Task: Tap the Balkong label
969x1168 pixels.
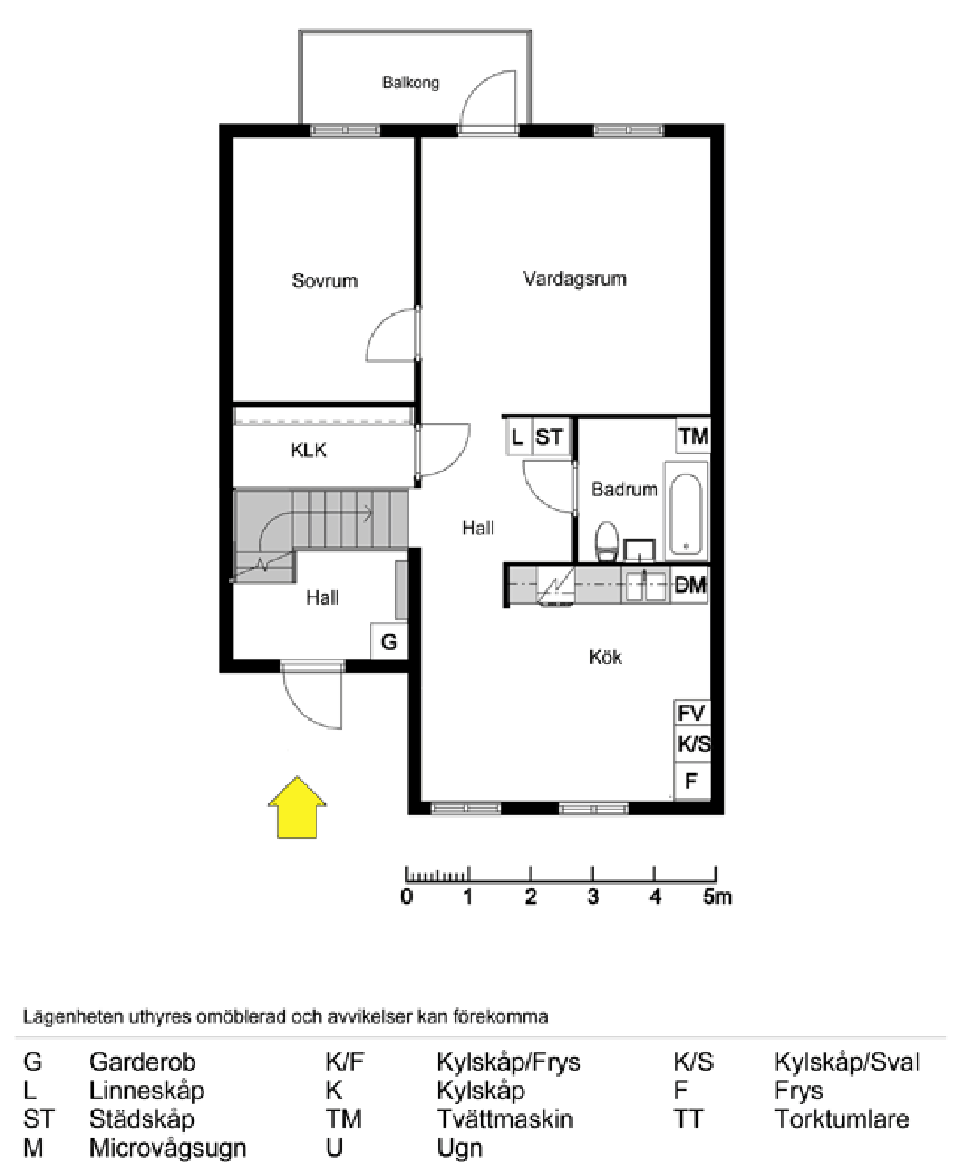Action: pyautogui.click(x=410, y=82)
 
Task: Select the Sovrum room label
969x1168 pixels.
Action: pyautogui.click(x=325, y=281)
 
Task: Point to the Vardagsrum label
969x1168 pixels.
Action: pyautogui.click(x=575, y=279)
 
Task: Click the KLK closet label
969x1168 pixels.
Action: pyautogui.click(x=308, y=450)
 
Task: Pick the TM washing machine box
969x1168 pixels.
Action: pyautogui.click(x=693, y=437)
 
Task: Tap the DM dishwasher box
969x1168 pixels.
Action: pyautogui.click(x=690, y=585)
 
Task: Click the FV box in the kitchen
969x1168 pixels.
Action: pyautogui.click(x=691, y=714)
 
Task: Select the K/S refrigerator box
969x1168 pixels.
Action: pyautogui.click(x=693, y=744)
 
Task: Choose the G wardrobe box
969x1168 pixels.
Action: pyautogui.click(x=389, y=642)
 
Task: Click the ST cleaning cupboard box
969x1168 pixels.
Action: pyautogui.click(x=549, y=437)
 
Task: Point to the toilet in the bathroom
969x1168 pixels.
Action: pyautogui.click(x=606, y=541)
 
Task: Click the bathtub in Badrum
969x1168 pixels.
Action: pyautogui.click(x=686, y=511)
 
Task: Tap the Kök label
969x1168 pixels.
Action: pyautogui.click(x=606, y=657)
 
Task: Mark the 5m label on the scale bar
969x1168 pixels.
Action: pyautogui.click(x=717, y=897)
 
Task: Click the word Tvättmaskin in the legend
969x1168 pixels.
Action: pyautogui.click(x=505, y=1120)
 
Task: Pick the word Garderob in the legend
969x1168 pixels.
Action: pyautogui.click(x=142, y=1062)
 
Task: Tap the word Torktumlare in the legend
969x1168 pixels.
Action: pyautogui.click(x=841, y=1120)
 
